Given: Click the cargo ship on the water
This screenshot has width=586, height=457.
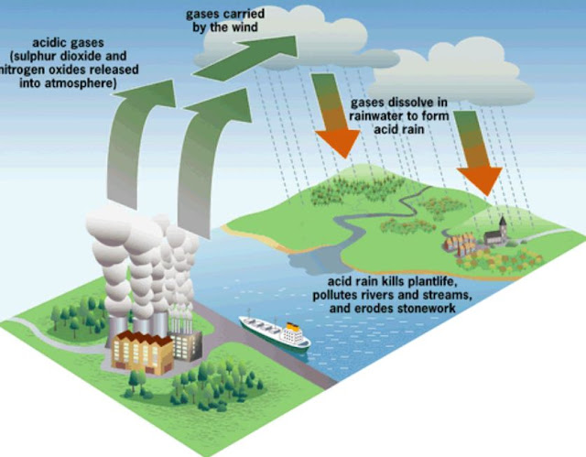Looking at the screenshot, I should point(273,331).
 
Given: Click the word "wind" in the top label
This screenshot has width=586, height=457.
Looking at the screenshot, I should point(244,27).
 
